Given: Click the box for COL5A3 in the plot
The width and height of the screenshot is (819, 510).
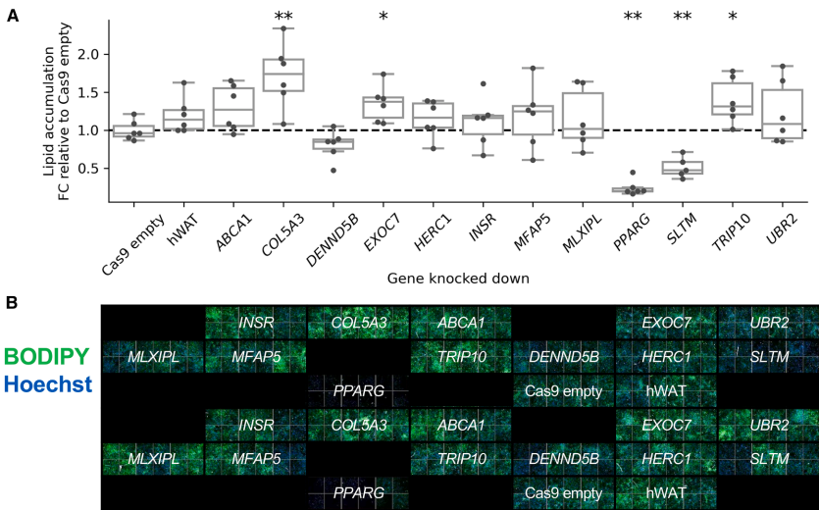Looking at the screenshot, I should coord(283,74).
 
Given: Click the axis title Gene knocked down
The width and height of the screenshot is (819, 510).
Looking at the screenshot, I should coord(457,279).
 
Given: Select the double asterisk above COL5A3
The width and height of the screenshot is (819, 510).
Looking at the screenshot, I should coord(283,17).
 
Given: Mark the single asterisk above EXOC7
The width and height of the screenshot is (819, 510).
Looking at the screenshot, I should coord(383,17).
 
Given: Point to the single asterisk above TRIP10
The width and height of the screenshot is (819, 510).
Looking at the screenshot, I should coord(727,17).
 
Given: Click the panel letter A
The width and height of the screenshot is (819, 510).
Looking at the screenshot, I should coord(13,15).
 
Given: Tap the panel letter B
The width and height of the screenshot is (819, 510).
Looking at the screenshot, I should coord(13,303).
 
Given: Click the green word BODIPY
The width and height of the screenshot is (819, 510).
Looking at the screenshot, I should coord(46,357).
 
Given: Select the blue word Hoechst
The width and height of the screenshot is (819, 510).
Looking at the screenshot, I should coord(47,386).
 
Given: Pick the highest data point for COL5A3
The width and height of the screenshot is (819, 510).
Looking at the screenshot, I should coord(283,28).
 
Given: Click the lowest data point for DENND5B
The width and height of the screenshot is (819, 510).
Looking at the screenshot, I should coord(333,170).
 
